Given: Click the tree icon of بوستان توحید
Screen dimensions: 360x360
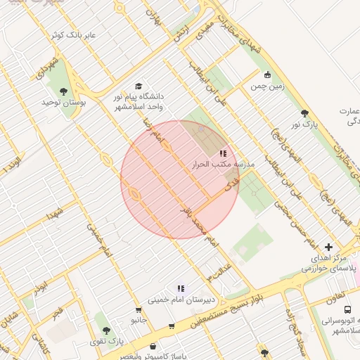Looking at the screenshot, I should (64, 91).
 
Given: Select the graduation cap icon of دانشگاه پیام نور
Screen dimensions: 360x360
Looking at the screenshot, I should (137, 85).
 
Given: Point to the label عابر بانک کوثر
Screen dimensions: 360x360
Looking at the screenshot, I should (78, 34).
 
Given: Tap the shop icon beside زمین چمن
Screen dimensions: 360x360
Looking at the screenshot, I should (266, 75).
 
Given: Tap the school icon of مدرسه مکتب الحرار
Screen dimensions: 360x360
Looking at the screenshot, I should (223, 153).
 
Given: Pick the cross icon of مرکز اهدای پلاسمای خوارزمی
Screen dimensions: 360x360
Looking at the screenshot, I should (328, 247).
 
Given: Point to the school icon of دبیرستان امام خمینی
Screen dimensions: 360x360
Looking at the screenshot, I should (181, 288).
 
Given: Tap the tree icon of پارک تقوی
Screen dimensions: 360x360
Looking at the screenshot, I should (106, 330).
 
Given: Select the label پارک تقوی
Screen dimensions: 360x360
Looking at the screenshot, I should (106, 341).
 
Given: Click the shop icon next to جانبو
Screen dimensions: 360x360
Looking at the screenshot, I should (139, 309).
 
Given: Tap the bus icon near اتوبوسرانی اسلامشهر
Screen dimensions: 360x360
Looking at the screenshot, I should (347, 309).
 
